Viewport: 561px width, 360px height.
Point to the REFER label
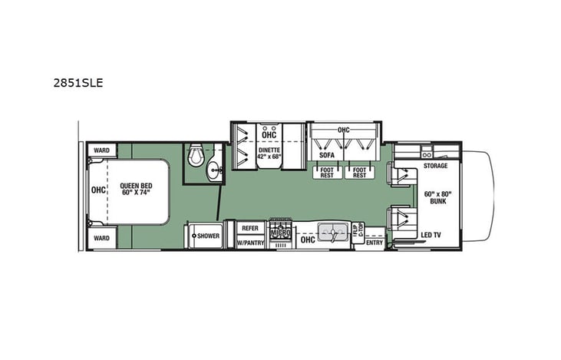point(250,228)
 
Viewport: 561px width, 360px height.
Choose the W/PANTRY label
point(250,243)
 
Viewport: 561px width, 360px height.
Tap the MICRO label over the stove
point(279,231)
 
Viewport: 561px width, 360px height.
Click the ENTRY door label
point(375,243)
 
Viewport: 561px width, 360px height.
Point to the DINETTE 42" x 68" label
point(270,153)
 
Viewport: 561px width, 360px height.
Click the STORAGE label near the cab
point(435,165)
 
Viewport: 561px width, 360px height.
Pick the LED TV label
point(431,234)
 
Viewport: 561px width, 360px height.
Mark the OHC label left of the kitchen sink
point(307,239)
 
